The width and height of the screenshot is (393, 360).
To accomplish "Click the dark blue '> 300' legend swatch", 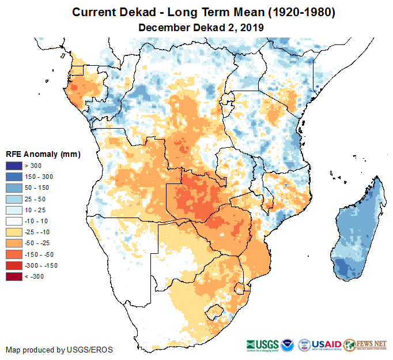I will [14, 166].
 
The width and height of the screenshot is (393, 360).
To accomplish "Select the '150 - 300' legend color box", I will [14, 177].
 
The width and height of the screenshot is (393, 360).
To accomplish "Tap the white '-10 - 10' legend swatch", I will [14, 221].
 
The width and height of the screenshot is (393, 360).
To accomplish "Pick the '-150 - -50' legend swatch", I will [14, 254].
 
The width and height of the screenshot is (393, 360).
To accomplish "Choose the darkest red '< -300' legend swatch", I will [14, 276].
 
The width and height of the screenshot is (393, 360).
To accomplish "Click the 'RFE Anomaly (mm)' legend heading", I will [43, 154].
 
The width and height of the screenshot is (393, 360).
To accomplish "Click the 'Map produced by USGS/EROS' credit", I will [59, 350].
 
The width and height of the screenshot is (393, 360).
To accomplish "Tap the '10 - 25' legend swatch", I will [14, 210].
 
